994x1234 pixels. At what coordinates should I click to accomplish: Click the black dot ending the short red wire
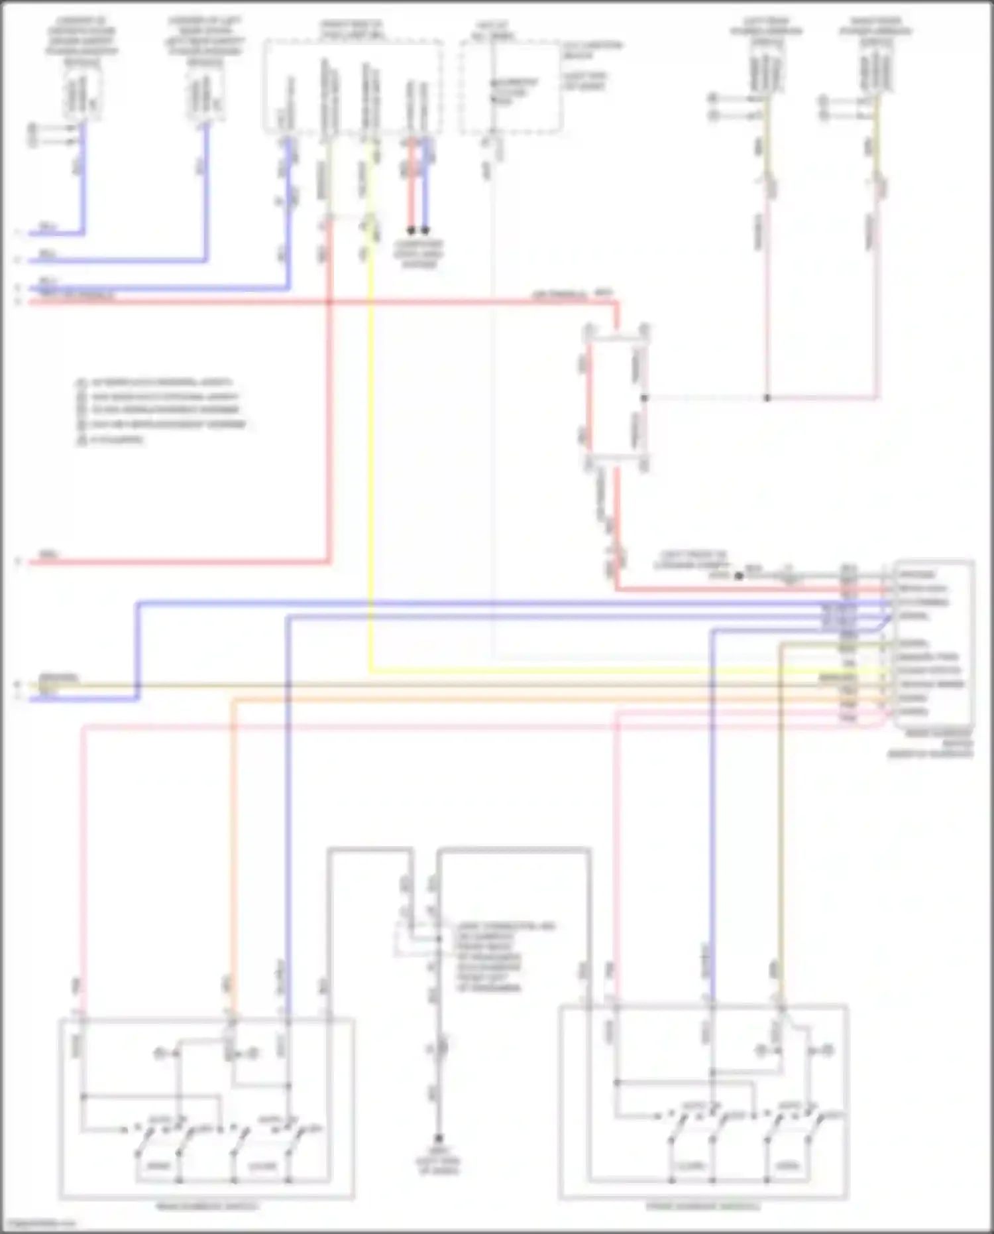(411, 231)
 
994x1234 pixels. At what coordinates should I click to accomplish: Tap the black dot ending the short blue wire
(425, 231)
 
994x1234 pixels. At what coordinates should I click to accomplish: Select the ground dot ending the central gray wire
(438, 1138)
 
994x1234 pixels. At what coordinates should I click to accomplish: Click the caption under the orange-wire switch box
(206, 1205)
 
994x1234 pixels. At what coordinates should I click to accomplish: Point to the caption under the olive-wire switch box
(703, 1206)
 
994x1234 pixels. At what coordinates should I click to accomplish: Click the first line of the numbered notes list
(155, 383)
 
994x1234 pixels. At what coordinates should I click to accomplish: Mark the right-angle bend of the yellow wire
(370, 671)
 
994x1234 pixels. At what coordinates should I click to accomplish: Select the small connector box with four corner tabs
(616, 397)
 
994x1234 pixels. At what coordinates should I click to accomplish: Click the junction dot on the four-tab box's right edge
(645, 398)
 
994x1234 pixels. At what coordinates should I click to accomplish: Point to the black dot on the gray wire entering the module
(738, 576)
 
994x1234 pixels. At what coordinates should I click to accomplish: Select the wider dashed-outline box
(354, 86)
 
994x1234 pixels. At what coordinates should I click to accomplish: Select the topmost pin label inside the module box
(916, 574)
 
